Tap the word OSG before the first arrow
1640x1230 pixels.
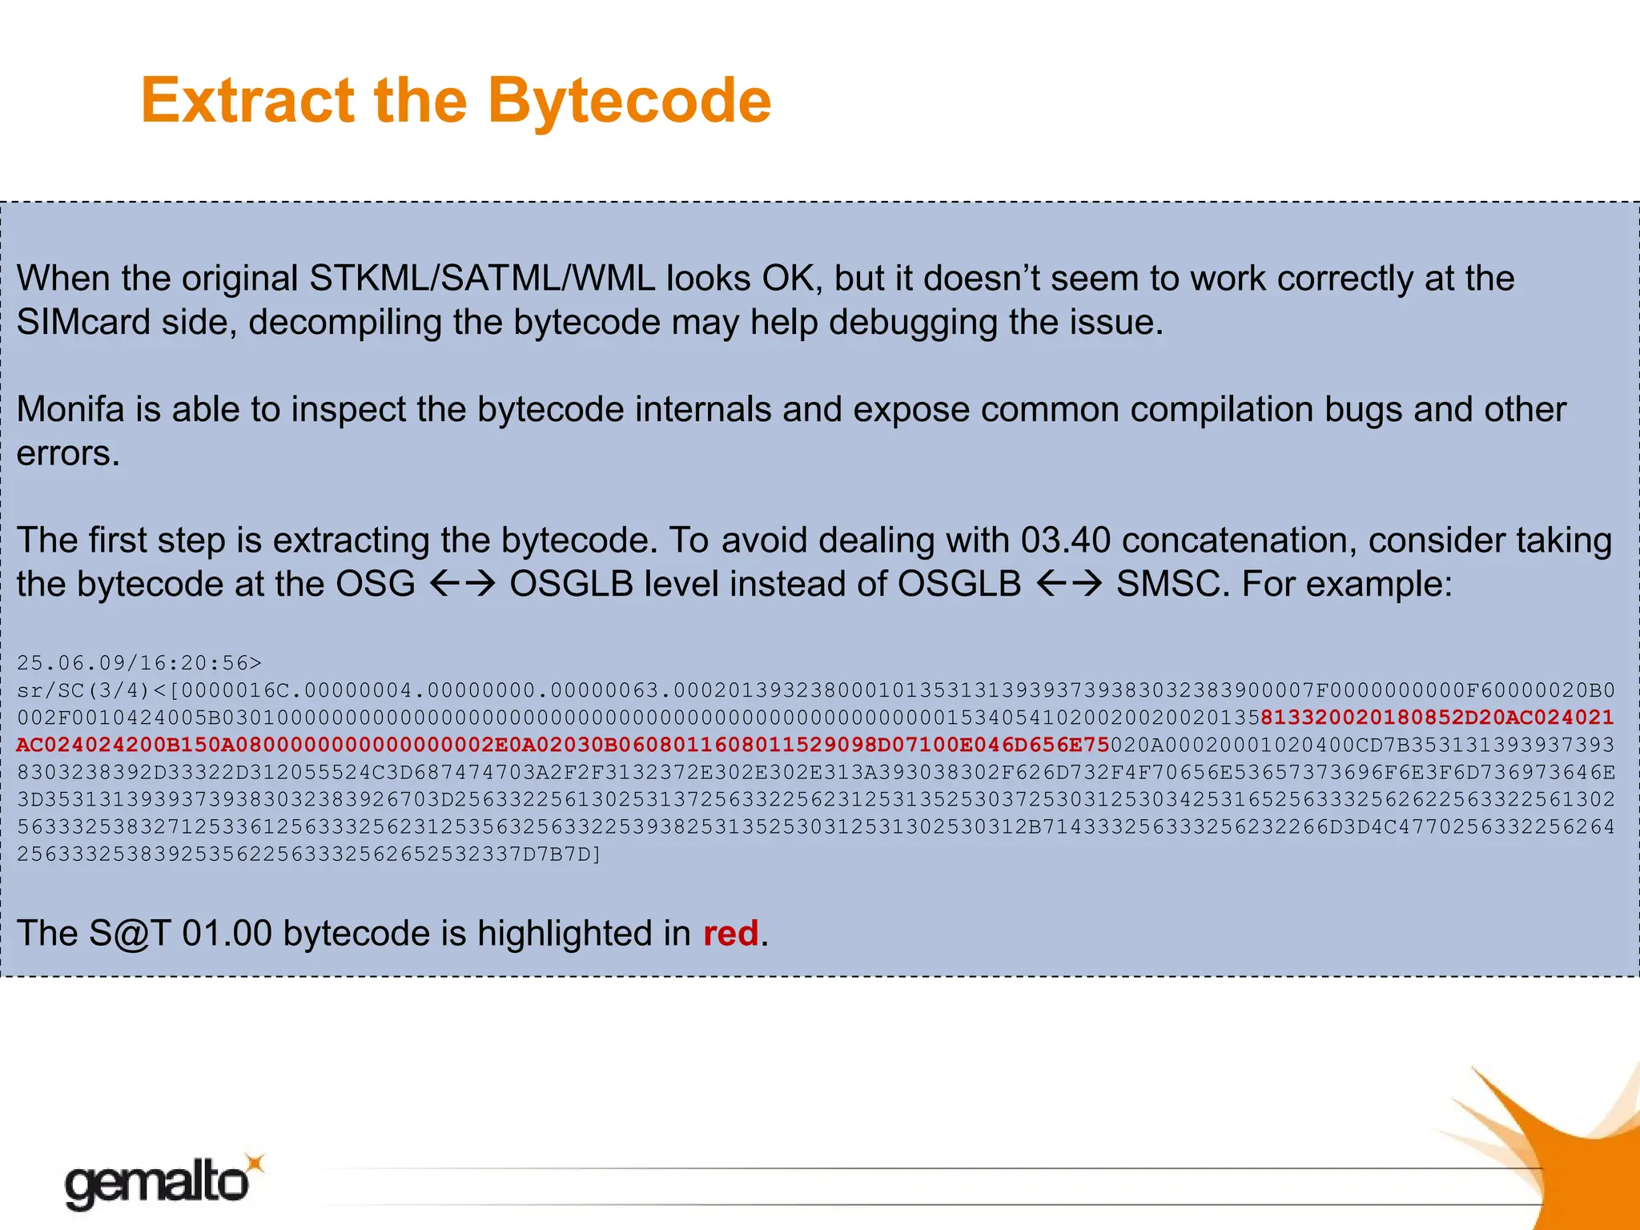tap(376, 584)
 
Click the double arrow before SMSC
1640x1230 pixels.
tap(1070, 584)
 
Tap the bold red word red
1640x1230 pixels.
tap(730, 934)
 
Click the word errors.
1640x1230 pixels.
tap(67, 453)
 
